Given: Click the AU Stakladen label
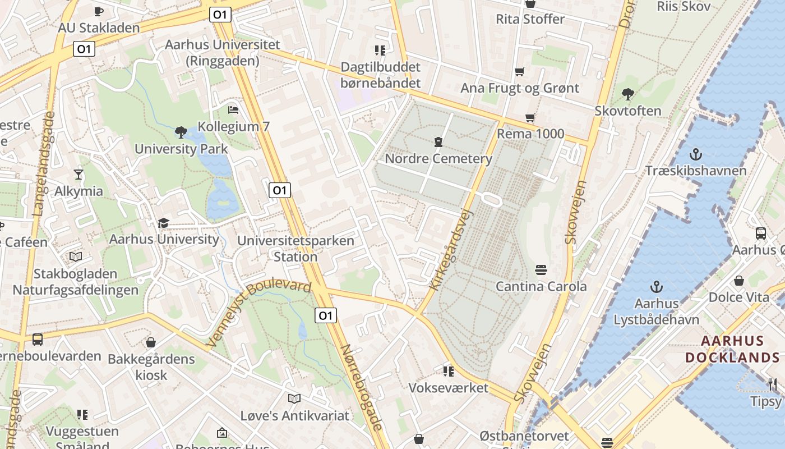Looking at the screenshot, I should pyautogui.click(x=99, y=28).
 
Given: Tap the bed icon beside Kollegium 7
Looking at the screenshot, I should pyautogui.click(x=233, y=109).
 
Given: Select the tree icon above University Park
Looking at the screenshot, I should pyautogui.click(x=181, y=132).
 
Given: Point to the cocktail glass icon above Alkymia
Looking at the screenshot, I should pyautogui.click(x=78, y=174).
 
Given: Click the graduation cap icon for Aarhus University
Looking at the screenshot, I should pyautogui.click(x=163, y=223).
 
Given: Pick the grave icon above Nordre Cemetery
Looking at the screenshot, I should pyautogui.click(x=438, y=141).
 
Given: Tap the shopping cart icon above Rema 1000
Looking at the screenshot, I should pyautogui.click(x=530, y=118).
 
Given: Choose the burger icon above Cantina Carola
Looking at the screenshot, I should pyautogui.click(x=541, y=269).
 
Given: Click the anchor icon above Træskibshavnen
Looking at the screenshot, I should pyautogui.click(x=695, y=154).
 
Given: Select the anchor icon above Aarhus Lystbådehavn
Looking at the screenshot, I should pyautogui.click(x=656, y=287).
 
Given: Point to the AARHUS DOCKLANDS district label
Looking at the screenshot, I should pyautogui.click(x=732, y=349).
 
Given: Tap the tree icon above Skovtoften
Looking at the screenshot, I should pyautogui.click(x=627, y=94).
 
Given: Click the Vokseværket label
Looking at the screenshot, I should pyautogui.click(x=448, y=387).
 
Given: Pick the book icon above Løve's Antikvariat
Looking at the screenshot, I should pyautogui.click(x=294, y=398).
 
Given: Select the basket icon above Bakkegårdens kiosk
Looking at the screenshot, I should pyautogui.click(x=150, y=342).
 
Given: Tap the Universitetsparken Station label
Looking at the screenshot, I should pyautogui.click(x=295, y=249).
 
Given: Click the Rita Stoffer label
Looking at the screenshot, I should pyautogui.click(x=530, y=19).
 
